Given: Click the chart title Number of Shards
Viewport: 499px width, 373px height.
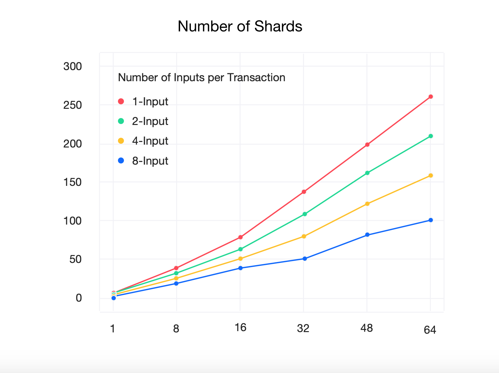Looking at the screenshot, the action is [240, 26].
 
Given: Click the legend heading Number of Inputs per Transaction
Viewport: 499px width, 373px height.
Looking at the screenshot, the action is [201, 78].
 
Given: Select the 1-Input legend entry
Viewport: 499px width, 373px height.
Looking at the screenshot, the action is [143, 101].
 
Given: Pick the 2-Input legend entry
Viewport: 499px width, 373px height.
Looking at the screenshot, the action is [143, 121].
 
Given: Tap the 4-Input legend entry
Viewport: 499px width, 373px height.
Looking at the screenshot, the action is [143, 141].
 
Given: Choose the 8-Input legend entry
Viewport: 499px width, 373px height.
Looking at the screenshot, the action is [143, 161].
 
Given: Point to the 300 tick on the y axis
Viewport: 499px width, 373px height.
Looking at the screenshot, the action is [73, 67].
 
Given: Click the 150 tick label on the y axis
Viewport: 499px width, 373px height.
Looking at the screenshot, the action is [73, 182].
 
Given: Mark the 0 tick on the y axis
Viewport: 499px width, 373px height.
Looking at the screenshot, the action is [79, 298].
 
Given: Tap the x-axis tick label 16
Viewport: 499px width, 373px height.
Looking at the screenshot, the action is [240, 328].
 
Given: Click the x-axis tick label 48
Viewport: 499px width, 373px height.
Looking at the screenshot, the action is [366, 328].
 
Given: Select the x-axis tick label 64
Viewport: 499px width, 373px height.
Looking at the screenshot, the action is [430, 330].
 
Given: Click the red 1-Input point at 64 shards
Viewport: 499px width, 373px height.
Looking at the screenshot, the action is [431, 97].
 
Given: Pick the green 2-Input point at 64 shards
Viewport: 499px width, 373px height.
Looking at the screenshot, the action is [431, 136].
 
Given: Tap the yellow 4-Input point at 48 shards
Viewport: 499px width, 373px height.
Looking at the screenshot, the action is [367, 204].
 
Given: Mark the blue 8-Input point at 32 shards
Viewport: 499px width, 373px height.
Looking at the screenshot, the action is [305, 258].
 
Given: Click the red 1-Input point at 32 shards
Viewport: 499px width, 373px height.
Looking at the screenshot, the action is [304, 192].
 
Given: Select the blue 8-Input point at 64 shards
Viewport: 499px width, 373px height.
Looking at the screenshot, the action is [431, 220].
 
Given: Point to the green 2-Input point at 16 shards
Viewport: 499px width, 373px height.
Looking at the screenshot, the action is [240, 249].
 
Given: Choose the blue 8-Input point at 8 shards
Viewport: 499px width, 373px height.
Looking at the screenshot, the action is [176, 283].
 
